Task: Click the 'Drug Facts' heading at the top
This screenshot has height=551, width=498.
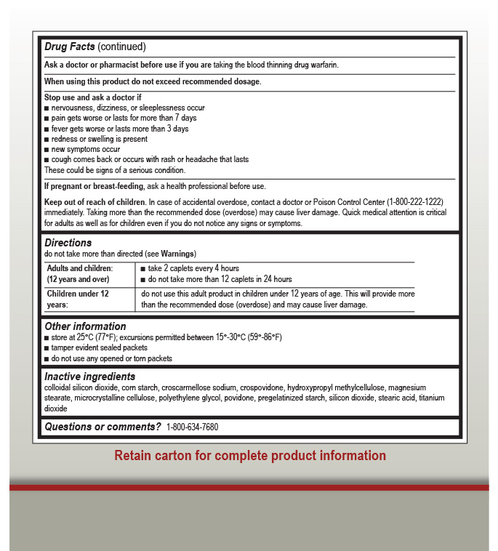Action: pyautogui.click(x=70, y=47)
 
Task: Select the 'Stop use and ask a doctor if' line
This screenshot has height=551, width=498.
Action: pyautogui.click(x=92, y=97)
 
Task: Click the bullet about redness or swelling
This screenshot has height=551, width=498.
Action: pyautogui.click(x=99, y=139)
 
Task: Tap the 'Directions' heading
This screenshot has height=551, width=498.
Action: pyautogui.click(x=68, y=243)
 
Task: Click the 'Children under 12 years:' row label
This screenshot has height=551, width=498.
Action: pyautogui.click(x=78, y=294)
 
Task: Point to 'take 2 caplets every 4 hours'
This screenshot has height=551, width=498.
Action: pyautogui.click(x=193, y=268)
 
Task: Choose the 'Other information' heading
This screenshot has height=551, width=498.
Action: pyautogui.click(x=85, y=326)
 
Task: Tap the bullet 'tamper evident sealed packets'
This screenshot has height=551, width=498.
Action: pyautogui.click(x=99, y=348)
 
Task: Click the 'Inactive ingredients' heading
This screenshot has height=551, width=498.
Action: pyautogui.click(x=89, y=377)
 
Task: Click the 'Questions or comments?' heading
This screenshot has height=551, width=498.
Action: pyautogui.click(x=103, y=427)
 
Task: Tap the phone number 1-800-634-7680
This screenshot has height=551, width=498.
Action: pyautogui.click(x=192, y=427)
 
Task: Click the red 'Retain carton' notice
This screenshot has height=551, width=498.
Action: pyautogui.click(x=250, y=456)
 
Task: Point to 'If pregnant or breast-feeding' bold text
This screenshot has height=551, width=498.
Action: pyautogui.click(x=94, y=186)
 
